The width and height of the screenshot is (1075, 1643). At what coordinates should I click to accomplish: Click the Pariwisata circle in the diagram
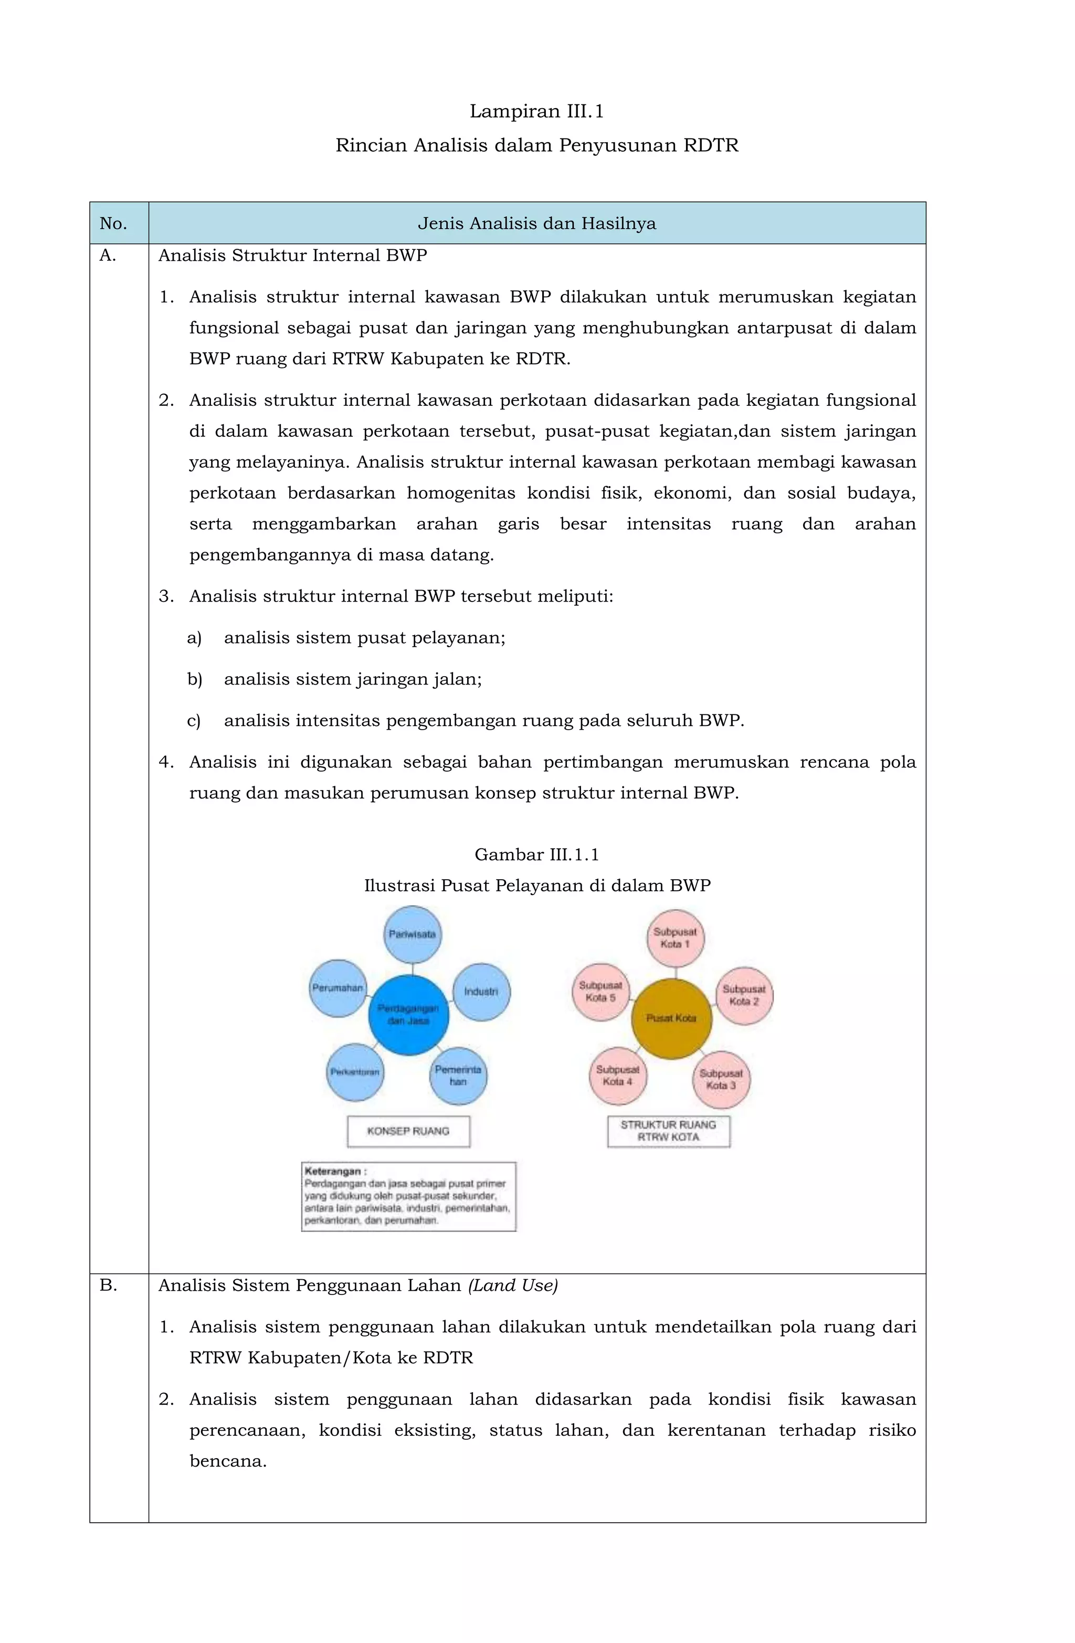click(x=412, y=934)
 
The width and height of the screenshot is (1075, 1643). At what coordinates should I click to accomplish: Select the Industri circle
click(x=481, y=992)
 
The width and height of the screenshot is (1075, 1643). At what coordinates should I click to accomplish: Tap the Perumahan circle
click(x=338, y=988)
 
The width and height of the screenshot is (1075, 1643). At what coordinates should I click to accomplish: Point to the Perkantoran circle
click(x=355, y=1071)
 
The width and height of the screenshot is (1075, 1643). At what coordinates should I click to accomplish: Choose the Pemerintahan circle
click(x=458, y=1076)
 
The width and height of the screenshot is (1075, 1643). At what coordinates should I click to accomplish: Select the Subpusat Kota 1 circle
click(x=675, y=938)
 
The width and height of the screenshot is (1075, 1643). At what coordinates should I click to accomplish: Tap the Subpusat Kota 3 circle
click(x=721, y=1079)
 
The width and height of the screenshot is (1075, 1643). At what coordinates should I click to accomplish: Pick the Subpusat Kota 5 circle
click(x=600, y=992)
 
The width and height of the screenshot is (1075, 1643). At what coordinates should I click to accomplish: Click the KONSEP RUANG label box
click(x=408, y=1131)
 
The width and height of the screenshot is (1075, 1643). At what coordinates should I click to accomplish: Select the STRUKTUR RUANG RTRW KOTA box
click(x=668, y=1131)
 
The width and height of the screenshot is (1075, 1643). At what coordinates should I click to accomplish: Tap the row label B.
click(x=109, y=1284)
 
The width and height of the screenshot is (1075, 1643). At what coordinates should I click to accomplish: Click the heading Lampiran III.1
click(x=536, y=111)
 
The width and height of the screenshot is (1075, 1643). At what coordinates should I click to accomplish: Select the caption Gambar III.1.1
click(x=536, y=855)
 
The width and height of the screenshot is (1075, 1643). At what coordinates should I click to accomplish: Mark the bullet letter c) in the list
click(x=194, y=721)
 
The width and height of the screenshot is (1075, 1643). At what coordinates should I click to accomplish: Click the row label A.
click(x=108, y=256)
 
